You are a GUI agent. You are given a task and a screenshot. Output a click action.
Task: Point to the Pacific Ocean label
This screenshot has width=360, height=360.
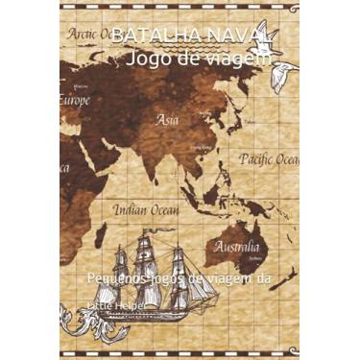[269, 158]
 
